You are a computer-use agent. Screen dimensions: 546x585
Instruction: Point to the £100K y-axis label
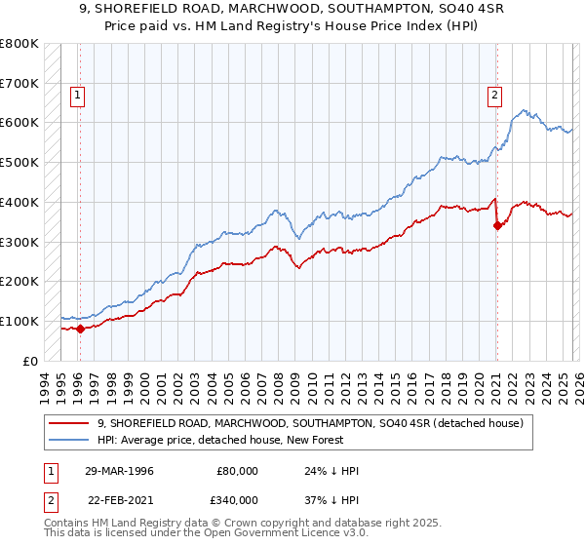click(19, 321)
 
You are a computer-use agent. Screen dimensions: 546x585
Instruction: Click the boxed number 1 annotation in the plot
click(77, 96)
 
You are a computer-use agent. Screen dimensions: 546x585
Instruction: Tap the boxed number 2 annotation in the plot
click(495, 96)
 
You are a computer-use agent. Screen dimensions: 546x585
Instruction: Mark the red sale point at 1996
click(81, 329)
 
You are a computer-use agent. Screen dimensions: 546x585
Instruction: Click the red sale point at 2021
click(497, 225)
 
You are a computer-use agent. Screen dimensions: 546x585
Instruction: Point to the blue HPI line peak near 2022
click(524, 110)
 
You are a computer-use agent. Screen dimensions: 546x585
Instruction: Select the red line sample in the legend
click(69, 423)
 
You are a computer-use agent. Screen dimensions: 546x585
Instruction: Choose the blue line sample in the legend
click(69, 441)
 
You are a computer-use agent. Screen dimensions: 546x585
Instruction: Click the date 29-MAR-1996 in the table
click(118, 471)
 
